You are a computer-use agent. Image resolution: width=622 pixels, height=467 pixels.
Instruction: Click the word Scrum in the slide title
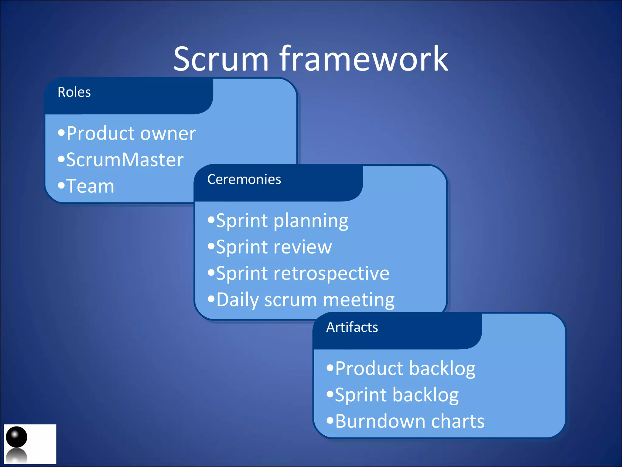[221, 59]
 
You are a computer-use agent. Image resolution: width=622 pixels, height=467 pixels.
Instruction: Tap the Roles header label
[74, 92]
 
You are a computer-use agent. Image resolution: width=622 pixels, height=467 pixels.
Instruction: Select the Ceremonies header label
[244, 179]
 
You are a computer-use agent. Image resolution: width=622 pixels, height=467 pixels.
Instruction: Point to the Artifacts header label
[352, 327]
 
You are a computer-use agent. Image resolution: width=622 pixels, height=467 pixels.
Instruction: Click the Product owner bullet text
[131, 133]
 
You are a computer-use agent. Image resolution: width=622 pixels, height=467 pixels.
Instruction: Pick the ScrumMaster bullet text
[125, 160]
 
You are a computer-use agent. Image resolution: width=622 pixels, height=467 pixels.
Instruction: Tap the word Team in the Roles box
[90, 186]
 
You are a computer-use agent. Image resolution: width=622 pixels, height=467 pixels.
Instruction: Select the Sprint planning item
[282, 221]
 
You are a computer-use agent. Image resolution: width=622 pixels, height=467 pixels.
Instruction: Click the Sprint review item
[274, 247]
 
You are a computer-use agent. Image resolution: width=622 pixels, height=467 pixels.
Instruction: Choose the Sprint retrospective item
[302, 273]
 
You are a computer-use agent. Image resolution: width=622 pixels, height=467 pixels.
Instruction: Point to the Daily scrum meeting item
[305, 300]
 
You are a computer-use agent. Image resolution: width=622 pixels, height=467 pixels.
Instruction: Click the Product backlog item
[405, 368]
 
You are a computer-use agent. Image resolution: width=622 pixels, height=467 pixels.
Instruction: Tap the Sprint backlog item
[397, 395]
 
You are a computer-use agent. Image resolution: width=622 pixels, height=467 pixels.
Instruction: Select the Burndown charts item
[410, 421]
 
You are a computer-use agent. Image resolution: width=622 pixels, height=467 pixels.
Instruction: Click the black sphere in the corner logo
[17, 437]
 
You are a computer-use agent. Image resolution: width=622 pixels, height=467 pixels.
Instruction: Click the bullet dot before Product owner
[61, 133]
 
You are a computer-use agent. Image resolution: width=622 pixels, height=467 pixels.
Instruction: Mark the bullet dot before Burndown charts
[330, 421]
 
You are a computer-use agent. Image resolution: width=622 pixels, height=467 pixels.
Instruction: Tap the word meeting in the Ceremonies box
[359, 300]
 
